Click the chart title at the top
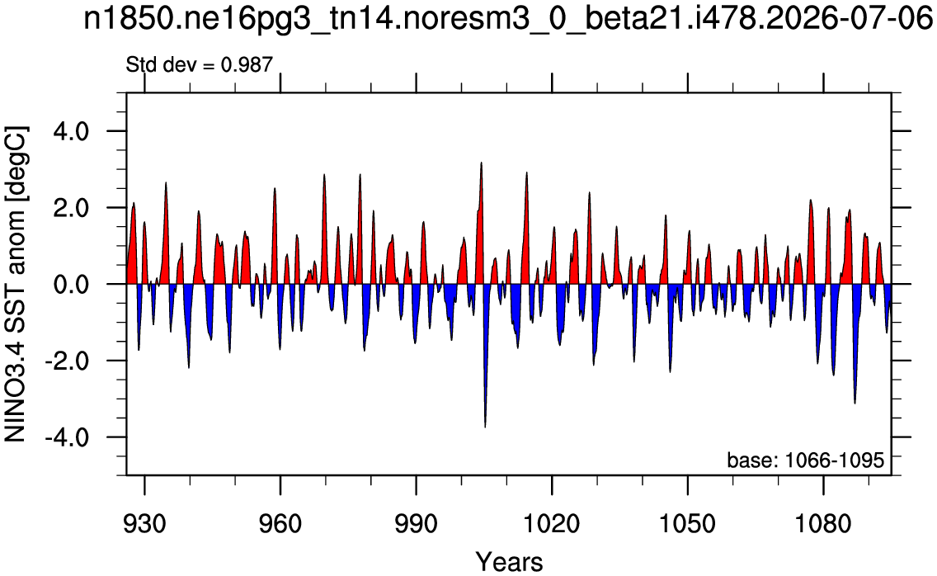point(508,19)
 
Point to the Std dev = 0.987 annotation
point(199,64)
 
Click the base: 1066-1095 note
point(805,460)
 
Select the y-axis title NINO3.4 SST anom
point(16,284)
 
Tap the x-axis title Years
point(509,562)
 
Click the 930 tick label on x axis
point(144,523)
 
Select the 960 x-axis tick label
point(280,523)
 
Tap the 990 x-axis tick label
point(416,523)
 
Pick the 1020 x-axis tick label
point(552,523)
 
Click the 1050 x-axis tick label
point(687,523)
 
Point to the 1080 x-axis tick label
point(823,523)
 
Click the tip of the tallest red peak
point(481,162)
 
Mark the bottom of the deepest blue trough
point(485,427)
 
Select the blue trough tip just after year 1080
point(834,375)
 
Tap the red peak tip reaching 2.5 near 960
point(275,188)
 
